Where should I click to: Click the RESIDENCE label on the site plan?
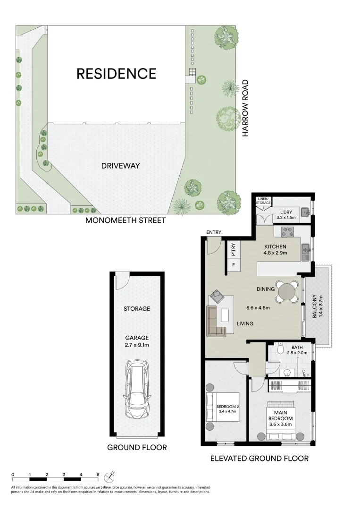116,74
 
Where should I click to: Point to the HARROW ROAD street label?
245,108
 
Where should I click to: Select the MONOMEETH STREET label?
125,221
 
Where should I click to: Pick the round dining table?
288,291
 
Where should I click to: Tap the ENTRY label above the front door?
214,232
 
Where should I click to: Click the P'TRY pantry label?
234,249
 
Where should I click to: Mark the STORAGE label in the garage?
137,308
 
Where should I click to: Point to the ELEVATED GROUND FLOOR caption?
259,458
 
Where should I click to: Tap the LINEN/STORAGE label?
263,201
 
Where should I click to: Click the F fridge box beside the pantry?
234,264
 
